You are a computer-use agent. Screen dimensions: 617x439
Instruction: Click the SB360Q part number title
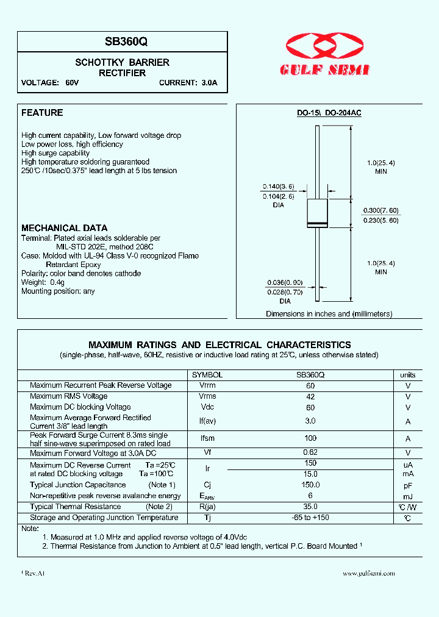pos(122,42)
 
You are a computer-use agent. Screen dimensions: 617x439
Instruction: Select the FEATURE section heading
pos(42,113)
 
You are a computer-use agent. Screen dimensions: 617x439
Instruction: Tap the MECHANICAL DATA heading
pos(64,228)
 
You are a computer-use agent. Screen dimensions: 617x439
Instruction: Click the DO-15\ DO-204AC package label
pos(329,113)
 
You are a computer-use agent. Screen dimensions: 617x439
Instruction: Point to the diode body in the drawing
pos(317,213)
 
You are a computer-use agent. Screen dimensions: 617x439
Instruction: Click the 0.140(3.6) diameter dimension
pos(278,186)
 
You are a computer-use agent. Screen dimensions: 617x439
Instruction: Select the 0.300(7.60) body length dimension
pos(381,210)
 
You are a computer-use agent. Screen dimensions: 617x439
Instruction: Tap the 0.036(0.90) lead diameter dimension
pos(284,283)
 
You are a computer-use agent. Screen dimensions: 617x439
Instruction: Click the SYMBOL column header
pos(207,376)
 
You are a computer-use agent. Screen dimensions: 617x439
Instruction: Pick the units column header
pos(408,376)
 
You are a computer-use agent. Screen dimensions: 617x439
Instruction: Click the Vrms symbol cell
pos(207,396)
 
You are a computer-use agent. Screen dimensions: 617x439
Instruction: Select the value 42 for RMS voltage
pos(310,396)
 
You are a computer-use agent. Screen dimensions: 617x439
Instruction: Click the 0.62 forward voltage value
pos(310,453)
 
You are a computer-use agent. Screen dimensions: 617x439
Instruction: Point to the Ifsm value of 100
pos(310,438)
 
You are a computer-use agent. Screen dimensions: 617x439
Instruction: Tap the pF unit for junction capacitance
pos(408,485)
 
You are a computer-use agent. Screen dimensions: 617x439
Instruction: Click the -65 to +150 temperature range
pos(310,518)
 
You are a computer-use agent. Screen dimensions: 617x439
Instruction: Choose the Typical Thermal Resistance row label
pos(76,507)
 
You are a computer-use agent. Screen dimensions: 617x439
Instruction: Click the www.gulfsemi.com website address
pos(368,573)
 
